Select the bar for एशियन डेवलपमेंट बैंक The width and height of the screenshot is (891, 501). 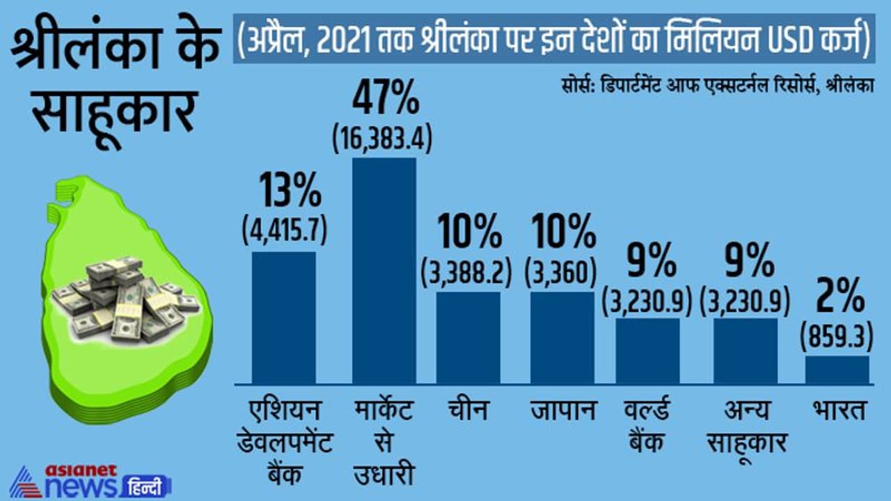click(x=283, y=317)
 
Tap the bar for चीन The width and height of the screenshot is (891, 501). click(x=468, y=337)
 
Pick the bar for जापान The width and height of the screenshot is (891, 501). click(x=562, y=337)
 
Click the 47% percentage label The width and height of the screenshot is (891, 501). click(x=385, y=100)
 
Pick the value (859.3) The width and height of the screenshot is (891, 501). click(x=837, y=337)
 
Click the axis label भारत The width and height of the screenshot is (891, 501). click(x=837, y=411)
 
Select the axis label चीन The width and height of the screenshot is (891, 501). click(x=468, y=411)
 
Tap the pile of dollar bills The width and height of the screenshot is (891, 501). click(x=125, y=299)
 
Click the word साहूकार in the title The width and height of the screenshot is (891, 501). click(x=111, y=111)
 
